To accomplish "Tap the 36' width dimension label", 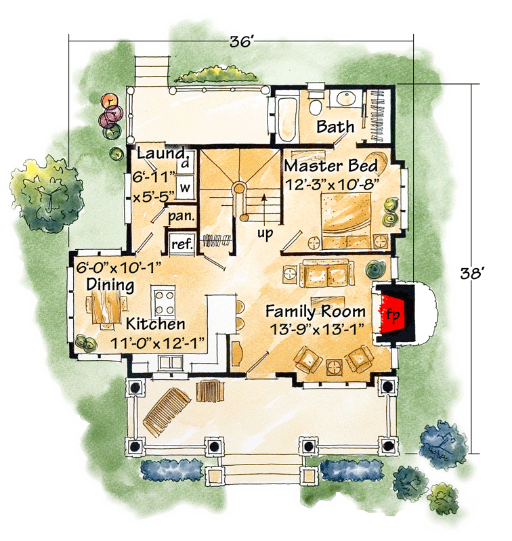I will tap(241, 41).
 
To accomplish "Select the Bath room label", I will tap(335, 127).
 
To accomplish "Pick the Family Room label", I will tap(316, 312).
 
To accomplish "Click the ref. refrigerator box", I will tap(182, 244).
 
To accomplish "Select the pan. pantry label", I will tap(182, 217).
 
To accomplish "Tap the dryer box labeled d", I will tap(184, 163).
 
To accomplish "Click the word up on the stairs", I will tap(265, 233).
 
